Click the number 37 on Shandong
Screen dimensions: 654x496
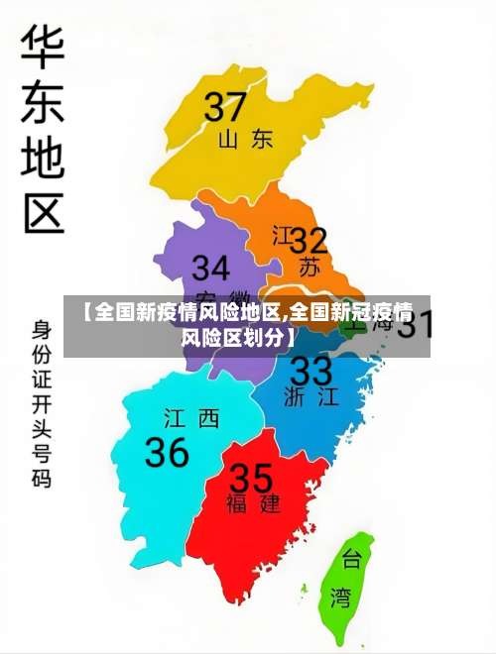click(225, 106)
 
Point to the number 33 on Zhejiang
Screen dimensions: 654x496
click(310, 372)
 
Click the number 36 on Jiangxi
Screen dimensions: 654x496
click(167, 452)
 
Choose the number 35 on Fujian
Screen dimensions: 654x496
click(251, 478)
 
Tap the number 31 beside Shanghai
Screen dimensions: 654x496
click(415, 324)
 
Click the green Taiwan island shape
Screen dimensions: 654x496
click(344, 585)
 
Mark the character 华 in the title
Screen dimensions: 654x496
click(43, 46)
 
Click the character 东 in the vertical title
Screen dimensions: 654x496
click(43, 101)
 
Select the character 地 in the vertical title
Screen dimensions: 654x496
click(43, 157)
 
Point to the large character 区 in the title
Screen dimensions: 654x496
click(43, 211)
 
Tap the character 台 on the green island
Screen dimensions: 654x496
click(351, 561)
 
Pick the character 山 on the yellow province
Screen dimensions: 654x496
click(228, 139)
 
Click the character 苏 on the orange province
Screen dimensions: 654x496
click(310, 266)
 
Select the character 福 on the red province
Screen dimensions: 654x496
click(237, 503)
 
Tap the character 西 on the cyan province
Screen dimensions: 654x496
click(207, 419)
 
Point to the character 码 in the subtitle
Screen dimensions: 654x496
click(42, 479)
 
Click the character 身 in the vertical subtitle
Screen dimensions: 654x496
click(42, 328)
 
